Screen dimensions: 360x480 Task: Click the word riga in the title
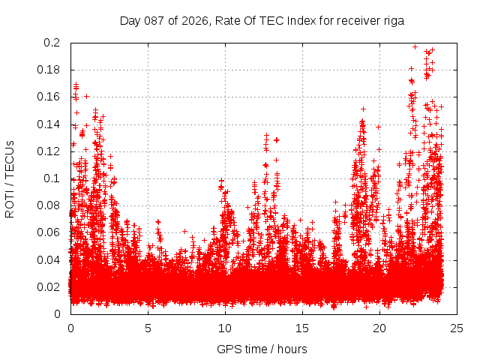point(393,21)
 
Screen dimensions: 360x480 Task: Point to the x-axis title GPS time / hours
point(262,349)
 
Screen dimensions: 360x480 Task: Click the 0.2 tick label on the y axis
point(52,43)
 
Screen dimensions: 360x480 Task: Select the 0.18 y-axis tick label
point(49,70)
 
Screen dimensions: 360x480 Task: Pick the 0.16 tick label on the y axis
point(49,97)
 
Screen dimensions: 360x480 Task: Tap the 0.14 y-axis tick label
point(49,124)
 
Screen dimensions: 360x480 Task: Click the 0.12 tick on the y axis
point(49,151)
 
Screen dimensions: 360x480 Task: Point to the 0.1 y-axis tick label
point(52,178)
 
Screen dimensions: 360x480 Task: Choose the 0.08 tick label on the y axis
point(49,205)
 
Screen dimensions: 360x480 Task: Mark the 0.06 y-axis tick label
point(49,232)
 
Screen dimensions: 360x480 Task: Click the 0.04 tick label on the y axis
point(49,259)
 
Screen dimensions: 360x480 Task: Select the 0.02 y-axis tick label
point(49,286)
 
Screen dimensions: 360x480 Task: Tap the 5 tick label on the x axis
point(148,328)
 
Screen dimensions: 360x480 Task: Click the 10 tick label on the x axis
point(225,328)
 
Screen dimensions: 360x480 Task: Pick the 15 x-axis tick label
point(302,328)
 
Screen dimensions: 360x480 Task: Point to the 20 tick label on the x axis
point(379,328)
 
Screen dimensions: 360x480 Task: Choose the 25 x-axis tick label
point(457,328)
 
